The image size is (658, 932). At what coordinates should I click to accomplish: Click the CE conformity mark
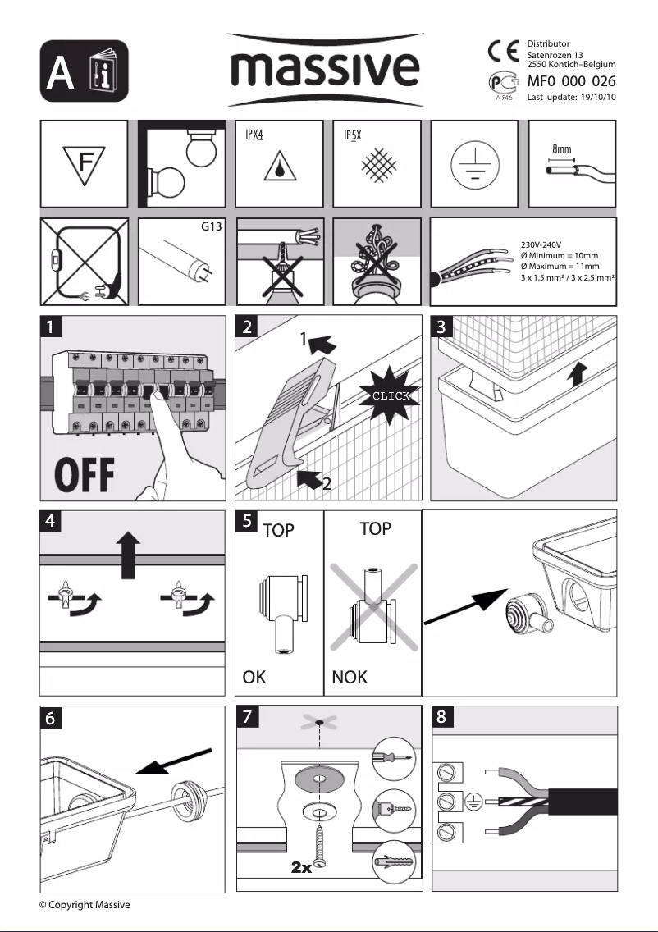click(x=501, y=51)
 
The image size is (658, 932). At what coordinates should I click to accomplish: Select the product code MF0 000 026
click(x=571, y=81)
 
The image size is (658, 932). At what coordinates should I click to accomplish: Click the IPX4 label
click(x=255, y=135)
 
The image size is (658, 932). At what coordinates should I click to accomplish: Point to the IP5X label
click(x=353, y=135)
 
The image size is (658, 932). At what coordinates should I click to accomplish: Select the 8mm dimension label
click(x=562, y=150)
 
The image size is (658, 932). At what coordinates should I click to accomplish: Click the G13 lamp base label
click(x=212, y=225)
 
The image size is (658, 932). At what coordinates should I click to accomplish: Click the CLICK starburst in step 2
click(x=390, y=395)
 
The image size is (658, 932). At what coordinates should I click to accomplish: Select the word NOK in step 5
click(x=350, y=678)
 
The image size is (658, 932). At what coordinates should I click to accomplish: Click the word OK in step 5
click(x=255, y=678)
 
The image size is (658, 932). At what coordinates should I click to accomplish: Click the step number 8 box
click(x=442, y=716)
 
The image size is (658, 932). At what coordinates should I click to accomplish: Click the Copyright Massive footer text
click(x=85, y=904)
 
